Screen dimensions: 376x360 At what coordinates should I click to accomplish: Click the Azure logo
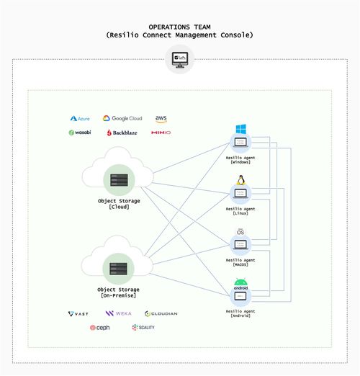[79, 118]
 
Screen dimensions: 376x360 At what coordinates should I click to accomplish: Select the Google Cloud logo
[122, 118]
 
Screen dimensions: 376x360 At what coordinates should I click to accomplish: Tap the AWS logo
[161, 118]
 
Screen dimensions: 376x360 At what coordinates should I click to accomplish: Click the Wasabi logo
[79, 133]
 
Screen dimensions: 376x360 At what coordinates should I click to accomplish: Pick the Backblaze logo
[122, 133]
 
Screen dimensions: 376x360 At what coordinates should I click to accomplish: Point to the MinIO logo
[161, 133]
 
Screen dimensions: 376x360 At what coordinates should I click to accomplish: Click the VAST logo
[78, 314]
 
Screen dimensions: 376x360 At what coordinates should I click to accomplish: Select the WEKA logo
[118, 314]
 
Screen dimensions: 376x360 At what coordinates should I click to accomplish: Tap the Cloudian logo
[161, 314]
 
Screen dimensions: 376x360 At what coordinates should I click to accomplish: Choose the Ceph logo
[99, 328]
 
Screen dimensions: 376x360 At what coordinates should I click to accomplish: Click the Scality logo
[143, 328]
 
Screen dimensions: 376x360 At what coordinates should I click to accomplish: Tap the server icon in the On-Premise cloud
[118, 269]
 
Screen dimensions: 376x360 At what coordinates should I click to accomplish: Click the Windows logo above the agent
[240, 129]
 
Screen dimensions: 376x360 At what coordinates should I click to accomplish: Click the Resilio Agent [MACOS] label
[240, 262]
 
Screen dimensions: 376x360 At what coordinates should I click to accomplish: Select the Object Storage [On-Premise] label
[119, 292]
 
